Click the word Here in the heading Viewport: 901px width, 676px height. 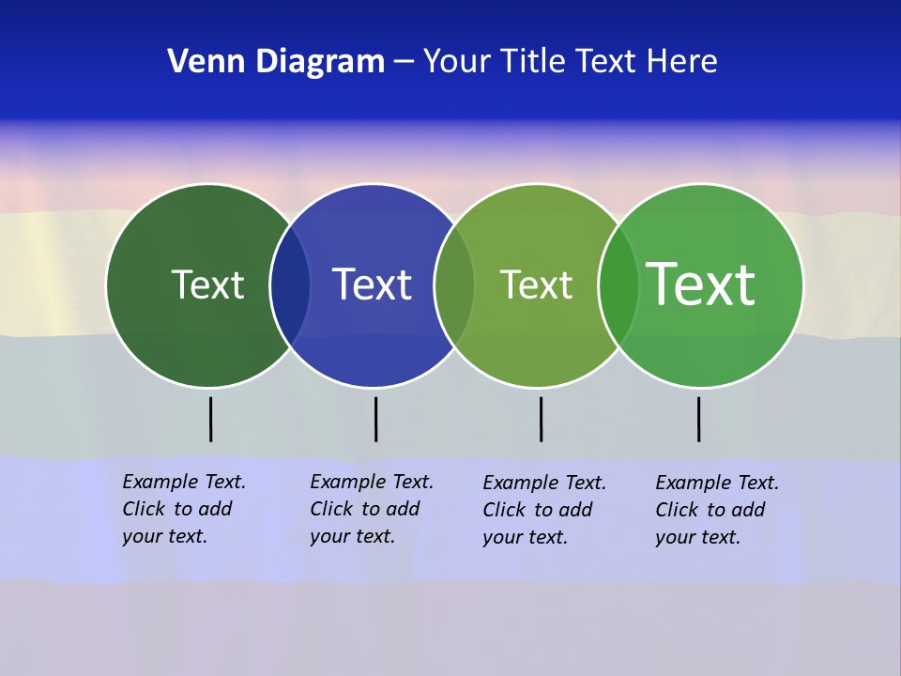click(682, 62)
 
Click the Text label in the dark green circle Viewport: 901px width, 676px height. click(207, 284)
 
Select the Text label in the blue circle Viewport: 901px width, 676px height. click(373, 284)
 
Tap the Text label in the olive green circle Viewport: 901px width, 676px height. click(536, 284)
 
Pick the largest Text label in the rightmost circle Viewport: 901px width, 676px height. click(700, 284)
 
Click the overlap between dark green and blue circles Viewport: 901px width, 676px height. click(290, 285)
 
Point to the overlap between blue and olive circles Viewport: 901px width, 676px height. click(454, 285)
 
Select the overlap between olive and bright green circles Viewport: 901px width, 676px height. click(618, 285)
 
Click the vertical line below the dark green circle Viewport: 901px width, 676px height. click(210, 419)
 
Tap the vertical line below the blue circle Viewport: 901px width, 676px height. click(375, 419)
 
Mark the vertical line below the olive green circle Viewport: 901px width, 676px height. click(541, 419)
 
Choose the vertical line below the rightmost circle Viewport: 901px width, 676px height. click(698, 419)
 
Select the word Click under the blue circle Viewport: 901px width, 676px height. click(331, 509)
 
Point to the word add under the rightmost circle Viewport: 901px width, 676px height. click(748, 510)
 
